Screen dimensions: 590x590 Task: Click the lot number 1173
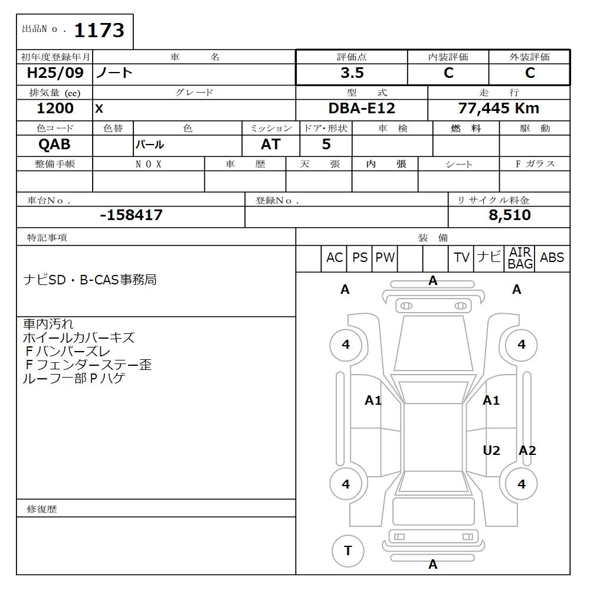click(x=99, y=30)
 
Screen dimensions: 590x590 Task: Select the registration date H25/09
click(x=55, y=73)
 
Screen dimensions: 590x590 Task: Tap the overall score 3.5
click(x=352, y=73)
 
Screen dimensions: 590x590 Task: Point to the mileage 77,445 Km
click(x=499, y=109)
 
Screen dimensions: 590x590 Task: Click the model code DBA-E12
click(x=362, y=109)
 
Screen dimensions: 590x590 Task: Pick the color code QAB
click(x=54, y=144)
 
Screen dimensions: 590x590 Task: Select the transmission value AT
click(x=271, y=144)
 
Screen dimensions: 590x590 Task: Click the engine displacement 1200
click(x=55, y=109)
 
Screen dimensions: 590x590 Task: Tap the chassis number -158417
click(x=132, y=215)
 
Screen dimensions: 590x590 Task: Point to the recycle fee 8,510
click(x=510, y=215)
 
